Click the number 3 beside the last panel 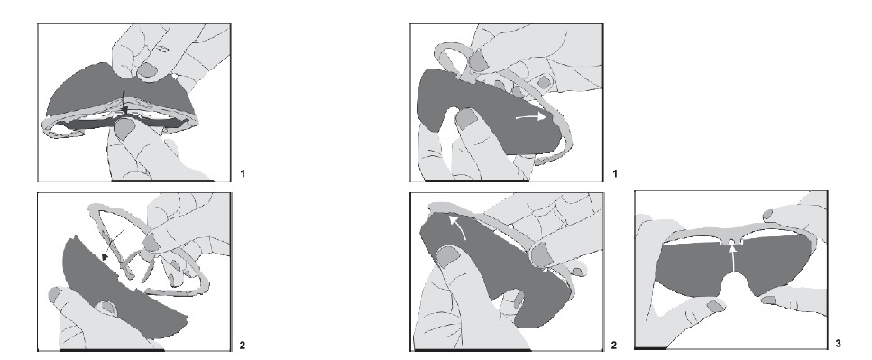(838, 344)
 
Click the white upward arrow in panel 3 (733, 259)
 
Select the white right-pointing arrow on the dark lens (530, 117)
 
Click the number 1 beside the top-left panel (243, 174)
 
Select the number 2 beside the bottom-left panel (242, 346)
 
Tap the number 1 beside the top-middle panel (614, 174)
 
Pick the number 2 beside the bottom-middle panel (614, 346)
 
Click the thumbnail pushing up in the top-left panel (124, 128)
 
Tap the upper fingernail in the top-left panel (147, 69)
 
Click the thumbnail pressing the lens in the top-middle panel (466, 118)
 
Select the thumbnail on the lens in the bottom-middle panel (448, 256)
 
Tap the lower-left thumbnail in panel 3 (717, 306)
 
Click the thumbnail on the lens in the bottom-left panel (106, 309)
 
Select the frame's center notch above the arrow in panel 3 (733, 242)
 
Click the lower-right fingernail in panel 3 (768, 300)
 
